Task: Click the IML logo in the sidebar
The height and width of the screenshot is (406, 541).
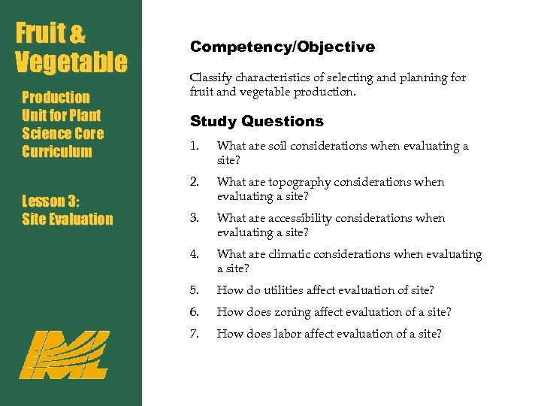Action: [64, 353]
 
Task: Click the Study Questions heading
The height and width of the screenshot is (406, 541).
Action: [256, 121]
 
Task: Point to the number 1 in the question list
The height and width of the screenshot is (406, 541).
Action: [194, 146]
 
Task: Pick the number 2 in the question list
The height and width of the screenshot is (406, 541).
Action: [195, 181]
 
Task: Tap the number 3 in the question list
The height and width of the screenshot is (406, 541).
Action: [195, 218]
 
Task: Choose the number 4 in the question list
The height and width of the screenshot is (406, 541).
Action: [195, 254]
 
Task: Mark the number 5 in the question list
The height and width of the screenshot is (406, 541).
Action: [195, 290]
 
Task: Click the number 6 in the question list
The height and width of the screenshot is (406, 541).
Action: [195, 311]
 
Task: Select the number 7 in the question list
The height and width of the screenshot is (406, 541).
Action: [195, 333]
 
